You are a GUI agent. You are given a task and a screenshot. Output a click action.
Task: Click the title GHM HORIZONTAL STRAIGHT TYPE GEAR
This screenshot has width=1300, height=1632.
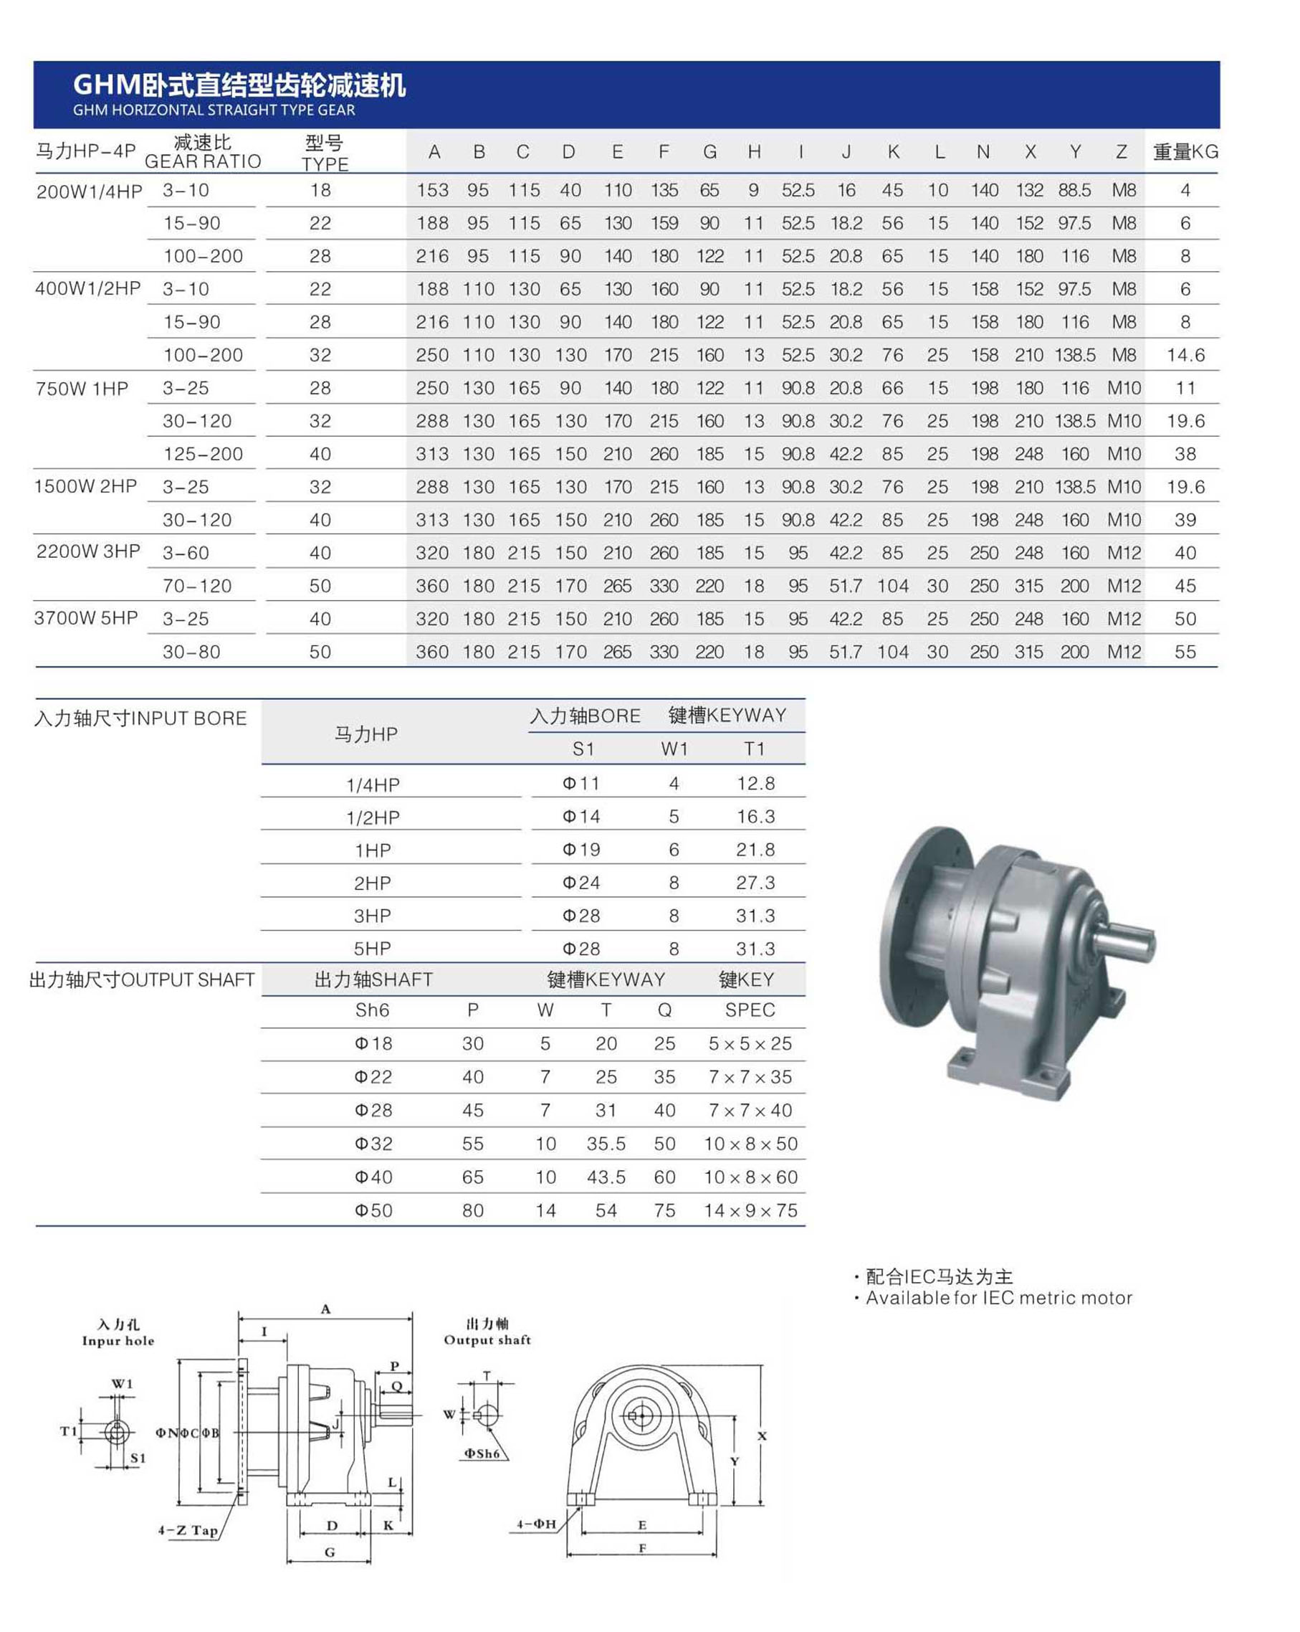pyautogui.click(x=214, y=110)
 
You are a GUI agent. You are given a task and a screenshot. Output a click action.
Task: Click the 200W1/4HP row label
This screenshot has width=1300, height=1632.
pyautogui.click(x=90, y=191)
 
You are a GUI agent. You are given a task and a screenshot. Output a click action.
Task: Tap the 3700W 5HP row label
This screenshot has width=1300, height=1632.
pyautogui.click(x=86, y=618)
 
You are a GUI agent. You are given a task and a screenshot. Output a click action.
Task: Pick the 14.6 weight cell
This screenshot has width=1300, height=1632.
pyautogui.click(x=1185, y=355)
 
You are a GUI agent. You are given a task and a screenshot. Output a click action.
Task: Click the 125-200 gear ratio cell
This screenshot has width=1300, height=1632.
pyautogui.click(x=203, y=454)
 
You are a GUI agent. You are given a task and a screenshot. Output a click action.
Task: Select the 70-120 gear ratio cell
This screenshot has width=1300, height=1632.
pyautogui.click(x=197, y=586)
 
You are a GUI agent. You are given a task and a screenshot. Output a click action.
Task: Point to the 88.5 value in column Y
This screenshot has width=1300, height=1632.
pyautogui.click(x=1074, y=190)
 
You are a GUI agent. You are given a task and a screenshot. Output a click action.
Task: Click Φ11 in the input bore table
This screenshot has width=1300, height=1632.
pyautogui.click(x=580, y=784)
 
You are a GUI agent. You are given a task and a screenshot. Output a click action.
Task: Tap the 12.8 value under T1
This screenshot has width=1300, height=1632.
pyautogui.click(x=755, y=784)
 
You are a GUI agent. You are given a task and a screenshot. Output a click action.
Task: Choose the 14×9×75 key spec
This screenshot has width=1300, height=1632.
pyautogui.click(x=750, y=1210)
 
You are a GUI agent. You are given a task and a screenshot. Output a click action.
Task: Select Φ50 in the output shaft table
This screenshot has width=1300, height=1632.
pyautogui.click(x=373, y=1210)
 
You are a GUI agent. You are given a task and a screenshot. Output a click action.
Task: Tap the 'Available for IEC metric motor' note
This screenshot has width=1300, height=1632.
pyautogui.click(x=998, y=1297)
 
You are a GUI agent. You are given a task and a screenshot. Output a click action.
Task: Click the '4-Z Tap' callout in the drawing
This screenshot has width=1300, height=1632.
pyautogui.click(x=188, y=1529)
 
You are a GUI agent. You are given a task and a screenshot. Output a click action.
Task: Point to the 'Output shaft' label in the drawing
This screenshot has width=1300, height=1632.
pyautogui.click(x=487, y=1340)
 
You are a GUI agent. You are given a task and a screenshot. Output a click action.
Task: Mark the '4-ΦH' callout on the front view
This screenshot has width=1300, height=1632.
pyautogui.click(x=536, y=1524)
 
